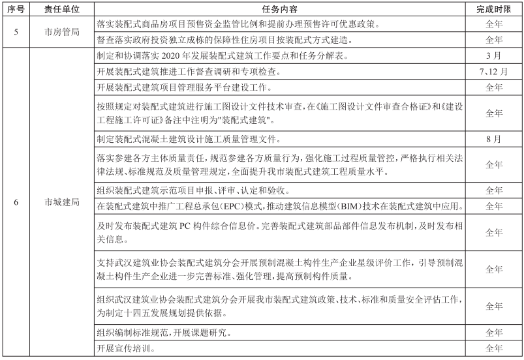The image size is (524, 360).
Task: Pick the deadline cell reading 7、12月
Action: click(494, 71)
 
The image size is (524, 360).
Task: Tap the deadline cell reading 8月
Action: click(494, 139)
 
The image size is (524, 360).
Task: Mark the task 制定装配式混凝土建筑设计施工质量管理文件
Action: click(188, 139)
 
